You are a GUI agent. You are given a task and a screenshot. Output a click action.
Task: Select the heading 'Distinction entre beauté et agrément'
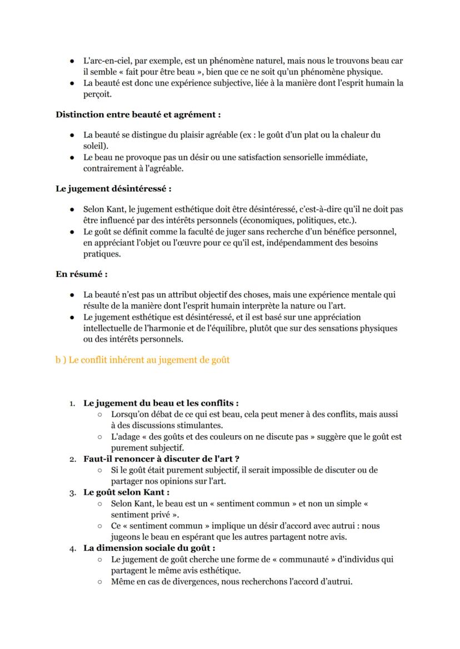138,115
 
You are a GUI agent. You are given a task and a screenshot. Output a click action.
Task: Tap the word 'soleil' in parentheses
95,145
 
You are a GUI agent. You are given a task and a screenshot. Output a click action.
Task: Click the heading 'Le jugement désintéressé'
113,189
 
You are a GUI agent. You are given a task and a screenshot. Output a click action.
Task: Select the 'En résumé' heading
82,274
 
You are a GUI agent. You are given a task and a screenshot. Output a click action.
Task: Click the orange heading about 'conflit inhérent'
142,360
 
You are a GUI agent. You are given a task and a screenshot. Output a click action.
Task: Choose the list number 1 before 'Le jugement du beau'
72,404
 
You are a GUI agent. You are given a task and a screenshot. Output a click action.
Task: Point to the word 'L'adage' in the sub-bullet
125,437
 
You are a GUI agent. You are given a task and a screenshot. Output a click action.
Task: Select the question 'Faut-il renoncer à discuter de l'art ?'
161,459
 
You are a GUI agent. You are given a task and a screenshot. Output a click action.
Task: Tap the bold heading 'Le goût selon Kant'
126,492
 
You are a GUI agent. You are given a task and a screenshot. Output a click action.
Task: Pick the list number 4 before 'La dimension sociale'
72,548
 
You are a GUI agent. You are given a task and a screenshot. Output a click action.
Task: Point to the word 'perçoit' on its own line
97,94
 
